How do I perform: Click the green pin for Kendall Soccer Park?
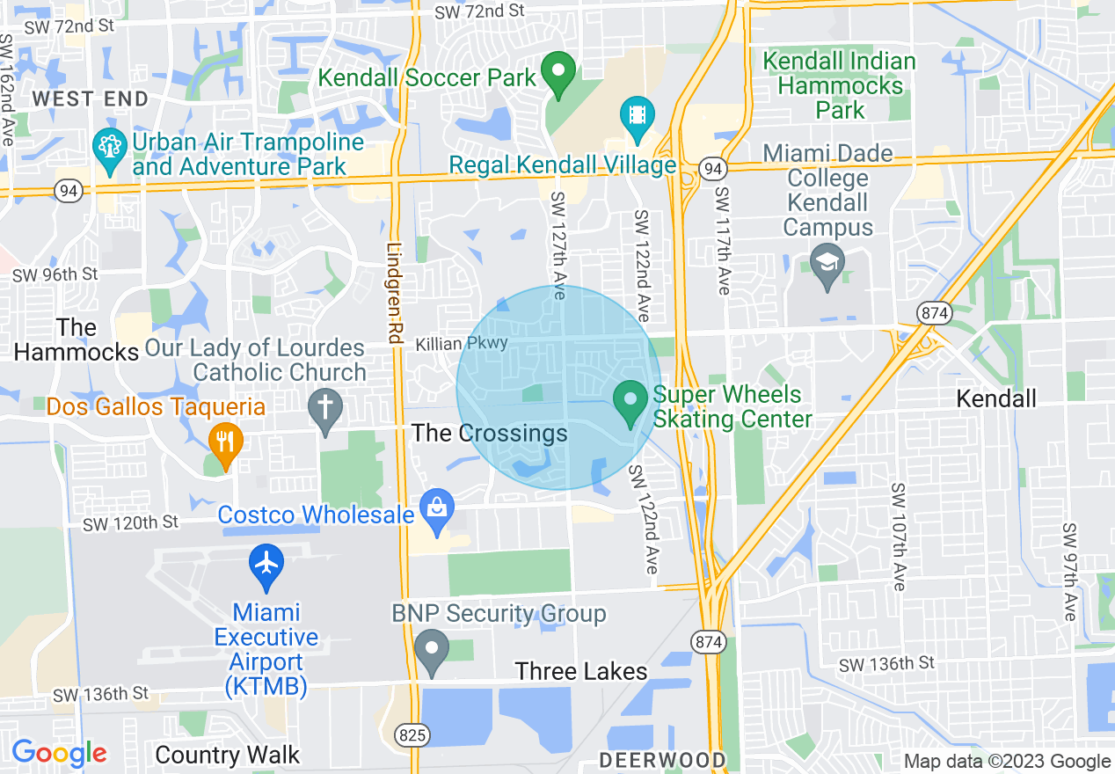coord(557,75)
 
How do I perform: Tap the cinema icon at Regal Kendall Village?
coord(637,117)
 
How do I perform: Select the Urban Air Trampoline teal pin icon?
coord(110,151)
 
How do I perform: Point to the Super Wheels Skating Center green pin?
coord(630,402)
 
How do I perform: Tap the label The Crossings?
coord(490,433)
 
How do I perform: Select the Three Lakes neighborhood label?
coord(581,672)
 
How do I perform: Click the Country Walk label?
coord(227,755)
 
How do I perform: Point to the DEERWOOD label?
coord(663,759)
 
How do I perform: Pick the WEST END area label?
coord(91,99)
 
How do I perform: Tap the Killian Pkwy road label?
coord(462,343)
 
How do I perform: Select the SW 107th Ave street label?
coord(897,537)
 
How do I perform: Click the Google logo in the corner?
coord(59,753)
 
